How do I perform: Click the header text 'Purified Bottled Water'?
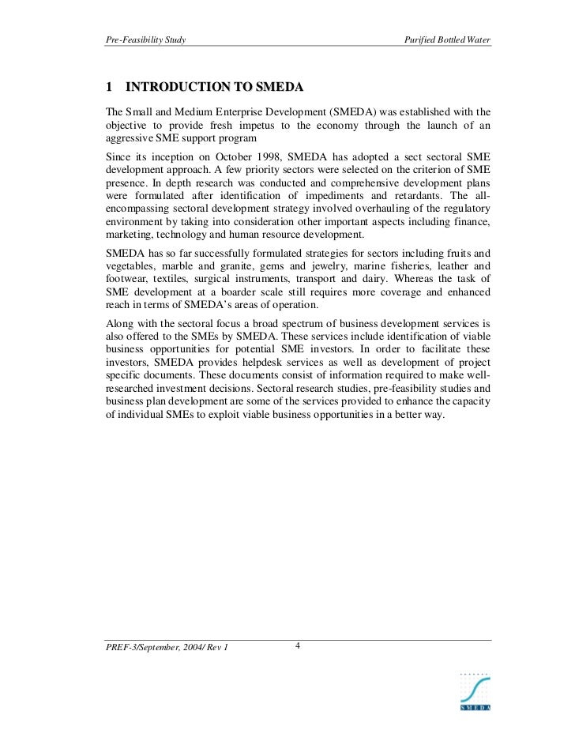coord(447,40)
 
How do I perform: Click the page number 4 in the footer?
coord(297,646)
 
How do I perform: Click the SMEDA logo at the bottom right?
coord(475,693)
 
